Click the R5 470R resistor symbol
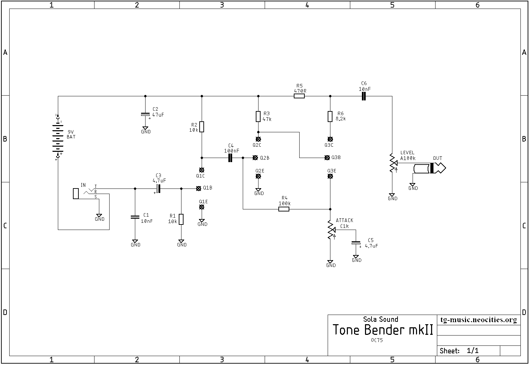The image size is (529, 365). (299, 96)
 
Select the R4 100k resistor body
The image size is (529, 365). (284, 209)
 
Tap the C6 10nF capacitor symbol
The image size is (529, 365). (364, 96)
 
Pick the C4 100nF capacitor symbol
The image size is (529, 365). (230, 158)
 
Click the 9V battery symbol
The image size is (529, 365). (58, 137)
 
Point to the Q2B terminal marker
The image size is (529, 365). (255, 158)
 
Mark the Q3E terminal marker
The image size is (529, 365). (330, 176)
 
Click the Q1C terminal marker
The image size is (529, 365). (201, 170)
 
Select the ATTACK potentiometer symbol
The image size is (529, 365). (331, 230)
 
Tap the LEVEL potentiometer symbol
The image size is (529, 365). (393, 163)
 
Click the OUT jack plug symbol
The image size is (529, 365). (430, 168)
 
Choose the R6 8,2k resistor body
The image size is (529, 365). (330, 116)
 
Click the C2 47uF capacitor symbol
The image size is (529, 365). (145, 115)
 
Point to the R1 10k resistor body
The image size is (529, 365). (181, 219)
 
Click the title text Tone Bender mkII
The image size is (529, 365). (383, 330)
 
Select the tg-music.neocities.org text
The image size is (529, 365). (478, 320)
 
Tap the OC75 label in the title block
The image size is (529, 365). (377, 340)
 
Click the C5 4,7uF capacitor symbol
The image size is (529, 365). (356, 243)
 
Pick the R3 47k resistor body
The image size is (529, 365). (258, 116)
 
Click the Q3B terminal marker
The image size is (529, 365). (327, 158)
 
